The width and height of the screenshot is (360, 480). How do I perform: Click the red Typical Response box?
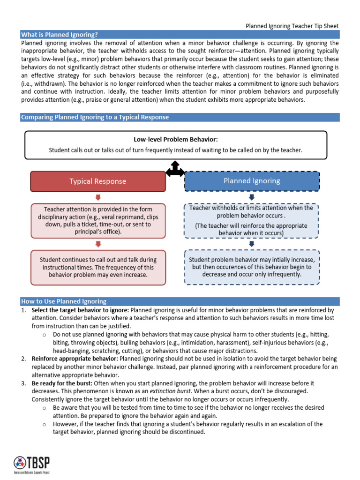point(98,181)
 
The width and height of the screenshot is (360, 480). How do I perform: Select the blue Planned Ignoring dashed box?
point(252,181)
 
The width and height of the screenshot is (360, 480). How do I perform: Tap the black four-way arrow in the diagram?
point(175,169)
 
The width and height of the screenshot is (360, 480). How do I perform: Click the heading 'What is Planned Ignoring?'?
point(60,35)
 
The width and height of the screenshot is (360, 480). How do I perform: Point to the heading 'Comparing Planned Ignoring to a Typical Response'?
point(95,117)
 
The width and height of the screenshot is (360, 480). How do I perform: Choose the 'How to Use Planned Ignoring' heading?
point(64,301)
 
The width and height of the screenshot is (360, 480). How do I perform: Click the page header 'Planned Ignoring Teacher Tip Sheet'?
point(292,26)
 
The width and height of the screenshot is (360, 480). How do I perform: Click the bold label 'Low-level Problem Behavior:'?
point(176,139)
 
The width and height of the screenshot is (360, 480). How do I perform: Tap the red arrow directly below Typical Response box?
point(98,197)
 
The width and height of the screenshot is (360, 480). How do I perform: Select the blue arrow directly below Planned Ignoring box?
point(252,197)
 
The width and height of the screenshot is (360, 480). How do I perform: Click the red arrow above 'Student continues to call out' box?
point(98,244)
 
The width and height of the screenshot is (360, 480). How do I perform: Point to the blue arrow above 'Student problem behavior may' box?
point(252,243)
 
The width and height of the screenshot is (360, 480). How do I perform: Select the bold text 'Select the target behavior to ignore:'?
point(80,310)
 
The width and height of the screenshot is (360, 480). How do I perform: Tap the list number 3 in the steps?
point(23,383)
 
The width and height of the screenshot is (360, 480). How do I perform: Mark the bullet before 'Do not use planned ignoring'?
point(44,335)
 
